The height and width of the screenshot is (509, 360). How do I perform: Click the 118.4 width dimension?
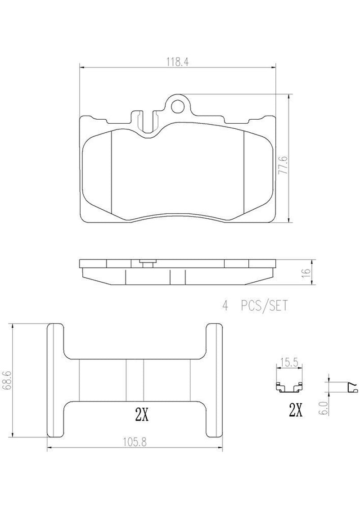coord(178,62)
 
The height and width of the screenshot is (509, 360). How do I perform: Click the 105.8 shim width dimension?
coord(135,442)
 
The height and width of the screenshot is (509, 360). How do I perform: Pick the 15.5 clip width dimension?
coord(289,363)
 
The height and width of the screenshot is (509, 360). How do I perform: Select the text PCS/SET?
coord(264,306)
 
